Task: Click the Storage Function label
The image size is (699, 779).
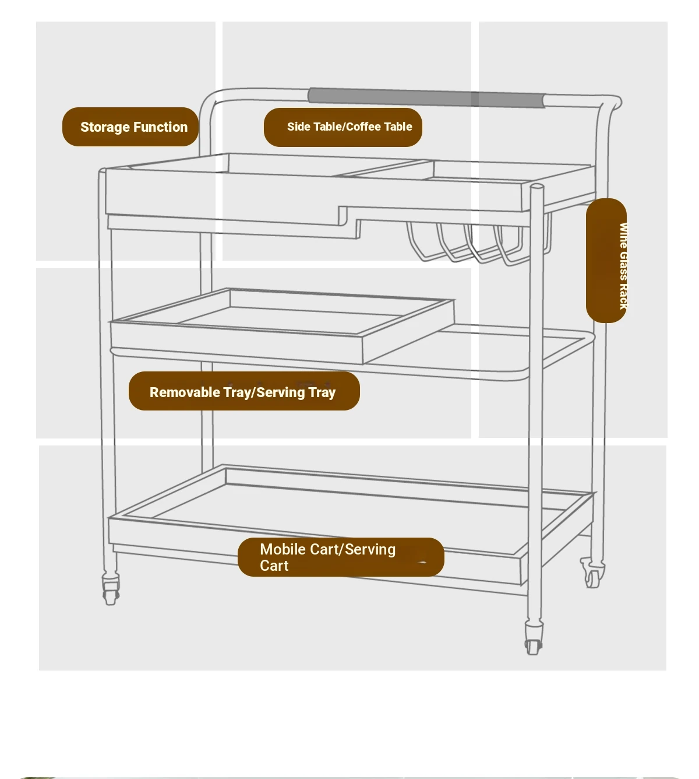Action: pyautogui.click(x=130, y=127)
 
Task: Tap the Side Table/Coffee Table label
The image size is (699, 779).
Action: pyautogui.click(x=343, y=127)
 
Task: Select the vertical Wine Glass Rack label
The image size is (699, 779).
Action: pyautogui.click(x=606, y=261)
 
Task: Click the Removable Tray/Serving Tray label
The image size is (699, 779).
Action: pyautogui.click(x=244, y=391)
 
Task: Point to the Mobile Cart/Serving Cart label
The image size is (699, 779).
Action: pyautogui.click(x=341, y=557)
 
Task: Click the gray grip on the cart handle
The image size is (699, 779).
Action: pyautogui.click(x=426, y=97)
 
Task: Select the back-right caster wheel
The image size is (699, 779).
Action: pyautogui.click(x=592, y=574)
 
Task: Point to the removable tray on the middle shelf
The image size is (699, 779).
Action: pyautogui.click(x=283, y=325)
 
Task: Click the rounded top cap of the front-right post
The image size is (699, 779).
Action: pyautogui.click(x=537, y=187)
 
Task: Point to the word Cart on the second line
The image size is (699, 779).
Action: pyautogui.click(x=274, y=566)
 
